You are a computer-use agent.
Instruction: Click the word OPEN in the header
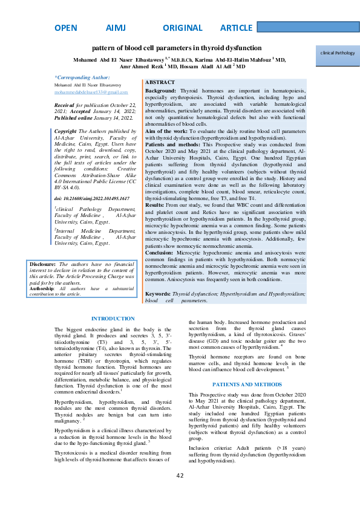65,28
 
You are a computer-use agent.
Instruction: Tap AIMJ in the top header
114,28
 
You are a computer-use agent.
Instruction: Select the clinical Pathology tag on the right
338,53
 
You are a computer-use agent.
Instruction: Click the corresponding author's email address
91,92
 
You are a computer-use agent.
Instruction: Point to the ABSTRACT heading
160,82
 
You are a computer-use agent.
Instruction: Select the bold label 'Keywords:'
159,294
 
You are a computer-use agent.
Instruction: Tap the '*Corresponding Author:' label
82,77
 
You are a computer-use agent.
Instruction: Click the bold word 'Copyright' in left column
65,131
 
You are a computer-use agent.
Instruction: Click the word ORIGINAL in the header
183,28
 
